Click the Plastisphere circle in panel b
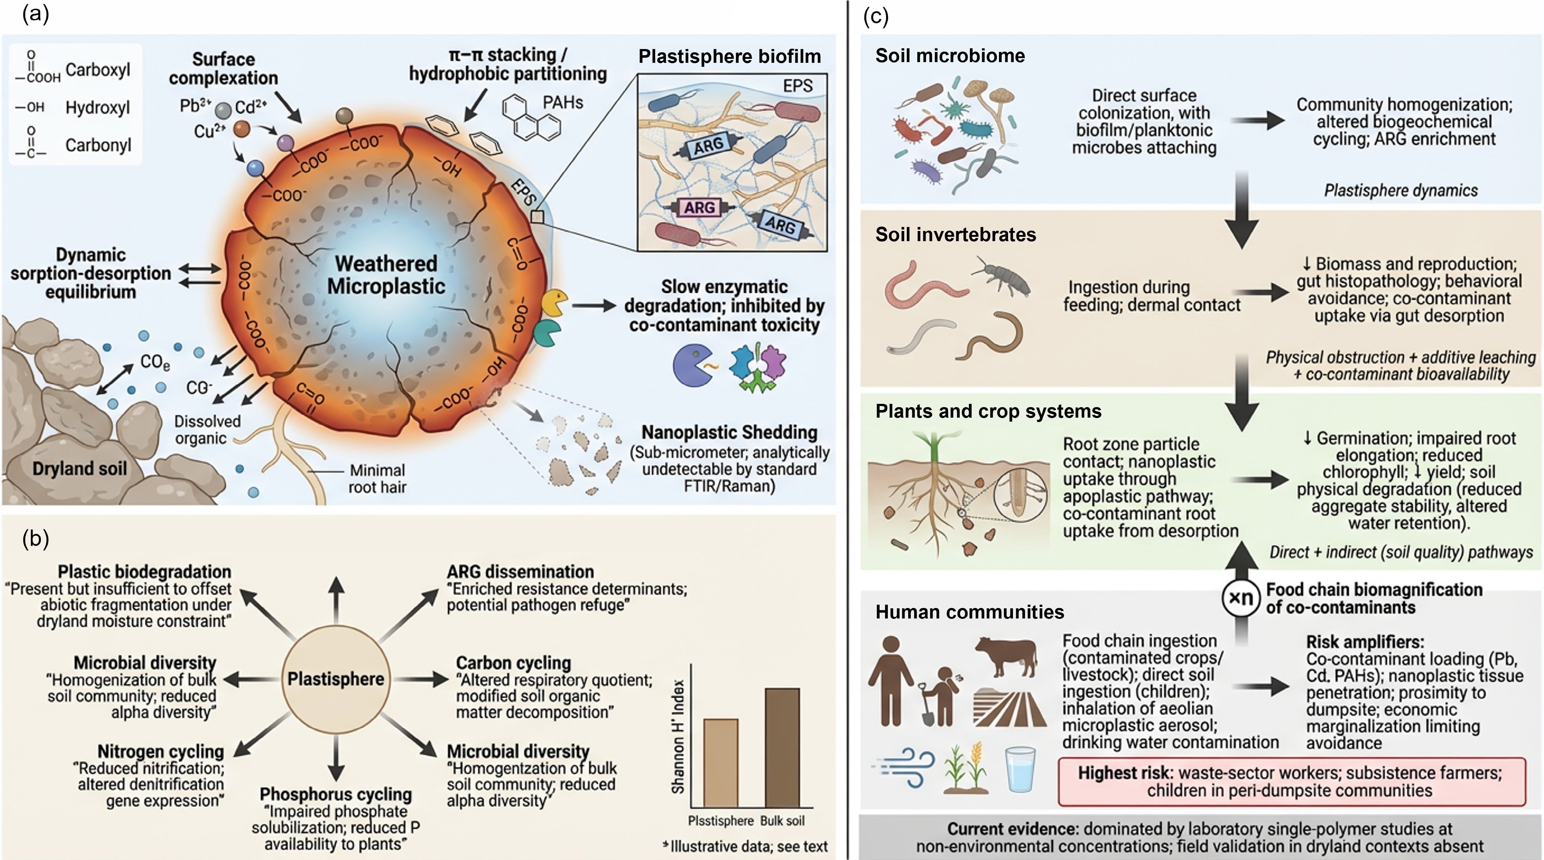tap(336, 679)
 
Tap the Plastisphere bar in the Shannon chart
tap(720, 763)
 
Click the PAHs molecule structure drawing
tap(531, 117)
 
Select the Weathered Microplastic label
tap(386, 275)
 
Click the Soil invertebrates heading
tap(955, 234)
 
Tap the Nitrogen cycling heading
tap(161, 751)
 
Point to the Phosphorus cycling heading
tap(336, 794)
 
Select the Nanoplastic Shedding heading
tap(730, 432)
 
